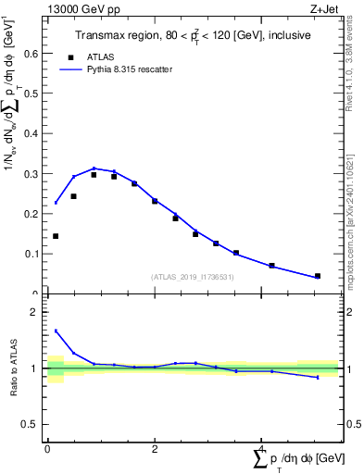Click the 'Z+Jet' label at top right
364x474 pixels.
(x=322, y=8)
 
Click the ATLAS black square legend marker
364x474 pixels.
(x=69, y=56)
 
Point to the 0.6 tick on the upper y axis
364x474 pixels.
(x=34, y=54)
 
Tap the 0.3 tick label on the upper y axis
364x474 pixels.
(x=34, y=174)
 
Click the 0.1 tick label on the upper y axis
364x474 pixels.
(x=34, y=254)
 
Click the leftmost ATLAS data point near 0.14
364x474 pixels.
(x=56, y=236)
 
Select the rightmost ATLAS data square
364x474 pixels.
(x=318, y=276)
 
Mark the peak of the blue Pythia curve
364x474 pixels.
(x=94, y=168)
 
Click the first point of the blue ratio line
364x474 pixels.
(x=56, y=331)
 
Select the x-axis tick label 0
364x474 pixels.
(x=47, y=449)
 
